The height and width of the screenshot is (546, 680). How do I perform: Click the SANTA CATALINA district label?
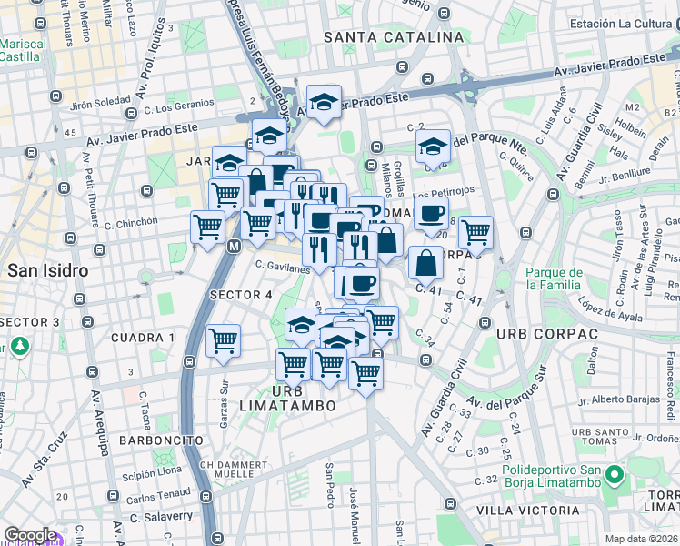394,37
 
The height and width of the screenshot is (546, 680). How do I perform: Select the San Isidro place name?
47,270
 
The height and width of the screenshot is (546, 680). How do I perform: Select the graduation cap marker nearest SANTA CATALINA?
323,103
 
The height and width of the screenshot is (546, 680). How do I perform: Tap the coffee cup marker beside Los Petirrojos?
431,214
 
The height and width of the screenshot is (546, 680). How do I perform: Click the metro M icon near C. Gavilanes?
234,246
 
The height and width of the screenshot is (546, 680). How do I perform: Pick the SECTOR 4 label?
241,295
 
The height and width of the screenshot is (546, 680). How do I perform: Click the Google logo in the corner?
30,535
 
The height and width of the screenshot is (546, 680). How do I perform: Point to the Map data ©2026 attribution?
642,539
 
